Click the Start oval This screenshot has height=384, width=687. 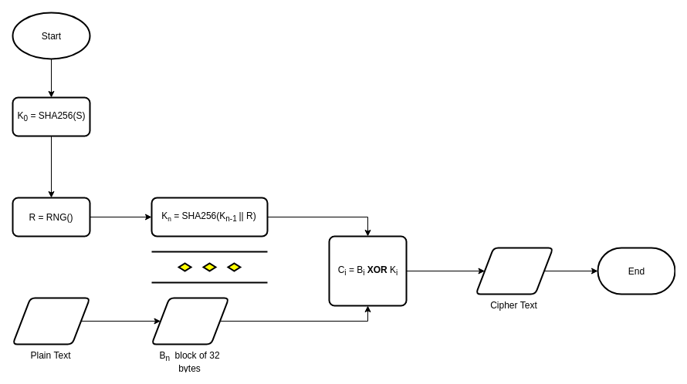(51, 36)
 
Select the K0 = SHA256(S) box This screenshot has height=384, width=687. (51, 117)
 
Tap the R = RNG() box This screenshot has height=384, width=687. (51, 217)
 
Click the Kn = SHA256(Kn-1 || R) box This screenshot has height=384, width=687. (209, 217)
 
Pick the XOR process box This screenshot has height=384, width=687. (368, 271)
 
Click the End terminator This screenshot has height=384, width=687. (636, 271)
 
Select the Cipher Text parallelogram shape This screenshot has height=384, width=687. (514, 271)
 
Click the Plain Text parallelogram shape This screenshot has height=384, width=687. (51, 321)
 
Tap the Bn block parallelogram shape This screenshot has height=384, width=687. (190, 321)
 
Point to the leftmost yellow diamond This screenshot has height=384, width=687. (185, 267)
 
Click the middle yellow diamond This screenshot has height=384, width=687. (209, 267)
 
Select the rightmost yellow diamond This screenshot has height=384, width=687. (235, 267)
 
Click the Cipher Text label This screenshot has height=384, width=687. (513, 305)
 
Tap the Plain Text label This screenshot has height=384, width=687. (50, 355)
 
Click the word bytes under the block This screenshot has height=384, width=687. (189, 369)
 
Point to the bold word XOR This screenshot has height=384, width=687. (377, 270)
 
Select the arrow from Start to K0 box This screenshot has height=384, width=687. (51, 78)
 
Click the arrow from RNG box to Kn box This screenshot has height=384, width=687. (121, 217)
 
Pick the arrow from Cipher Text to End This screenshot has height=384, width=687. (571, 271)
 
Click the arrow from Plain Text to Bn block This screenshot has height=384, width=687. (121, 321)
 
